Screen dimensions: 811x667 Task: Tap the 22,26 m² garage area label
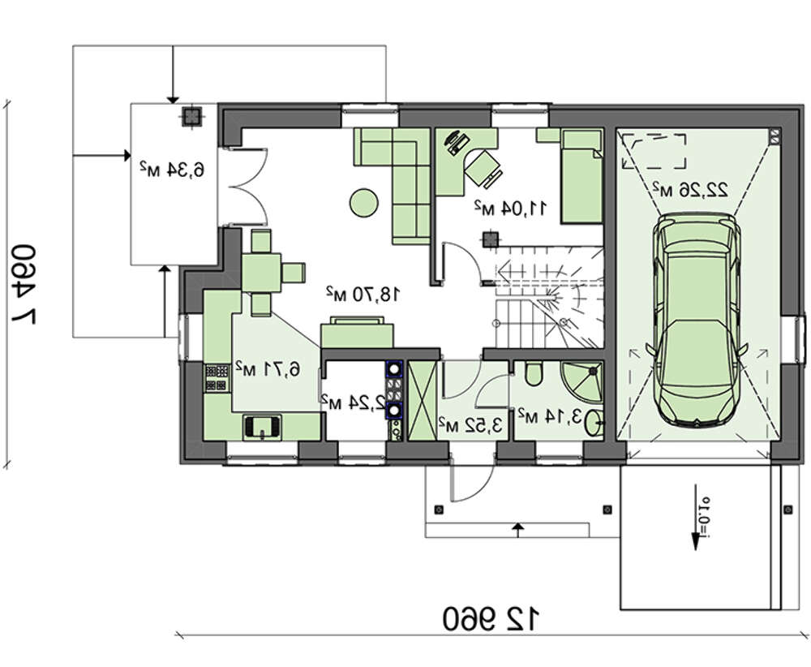pyautogui.click(x=689, y=190)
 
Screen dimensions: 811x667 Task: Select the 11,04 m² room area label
pyautogui.click(x=510, y=208)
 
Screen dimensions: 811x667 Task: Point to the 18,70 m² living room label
pyautogui.click(x=363, y=294)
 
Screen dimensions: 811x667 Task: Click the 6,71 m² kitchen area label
pyautogui.click(x=268, y=368)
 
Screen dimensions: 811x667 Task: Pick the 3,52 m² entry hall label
pyautogui.click(x=470, y=425)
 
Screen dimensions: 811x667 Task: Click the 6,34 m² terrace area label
pyautogui.click(x=172, y=169)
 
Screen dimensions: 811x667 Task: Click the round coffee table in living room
pyautogui.click(x=363, y=202)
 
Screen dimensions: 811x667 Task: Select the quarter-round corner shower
pyautogui.click(x=583, y=382)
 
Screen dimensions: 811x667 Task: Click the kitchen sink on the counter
pyautogui.click(x=262, y=427)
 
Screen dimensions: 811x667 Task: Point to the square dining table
pyautogui.click(x=261, y=272)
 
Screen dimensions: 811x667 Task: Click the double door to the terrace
pyautogui.click(x=243, y=187)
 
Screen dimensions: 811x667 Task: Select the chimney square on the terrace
pyautogui.click(x=191, y=117)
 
